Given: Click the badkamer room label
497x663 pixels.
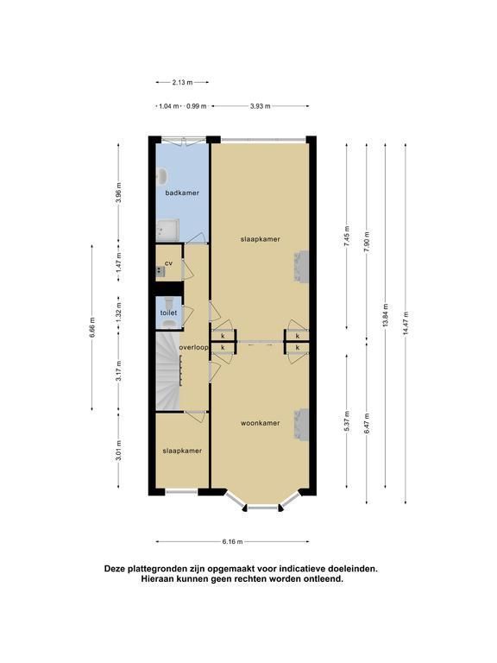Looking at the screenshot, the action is point(182,193).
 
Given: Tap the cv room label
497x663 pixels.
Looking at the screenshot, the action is point(168,263).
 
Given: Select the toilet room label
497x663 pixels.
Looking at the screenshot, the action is point(168,313).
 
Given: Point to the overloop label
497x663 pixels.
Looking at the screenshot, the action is point(194,348).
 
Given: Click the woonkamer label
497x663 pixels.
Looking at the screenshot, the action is point(261,423).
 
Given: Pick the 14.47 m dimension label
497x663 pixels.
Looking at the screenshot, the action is point(406,323).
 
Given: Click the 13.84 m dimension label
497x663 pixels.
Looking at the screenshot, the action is point(386,315).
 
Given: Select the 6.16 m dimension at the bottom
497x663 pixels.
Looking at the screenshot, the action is point(232,541).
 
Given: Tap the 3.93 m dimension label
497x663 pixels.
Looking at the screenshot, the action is point(261,106).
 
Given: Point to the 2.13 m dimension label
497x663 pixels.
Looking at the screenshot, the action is point(182,83).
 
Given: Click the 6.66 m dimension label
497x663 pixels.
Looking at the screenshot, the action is point(92,327).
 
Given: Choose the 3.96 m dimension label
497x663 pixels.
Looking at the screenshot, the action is point(119,193).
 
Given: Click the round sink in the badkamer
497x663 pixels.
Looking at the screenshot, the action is point(161,177).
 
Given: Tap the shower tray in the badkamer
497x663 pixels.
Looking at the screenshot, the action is point(167,230).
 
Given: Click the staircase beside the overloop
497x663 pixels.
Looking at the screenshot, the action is point(168,371).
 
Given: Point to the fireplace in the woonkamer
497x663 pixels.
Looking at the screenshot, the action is point(301,425).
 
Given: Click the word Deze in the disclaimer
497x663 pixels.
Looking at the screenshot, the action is point(114,569).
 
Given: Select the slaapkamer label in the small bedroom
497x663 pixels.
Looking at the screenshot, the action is point(182,451).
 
